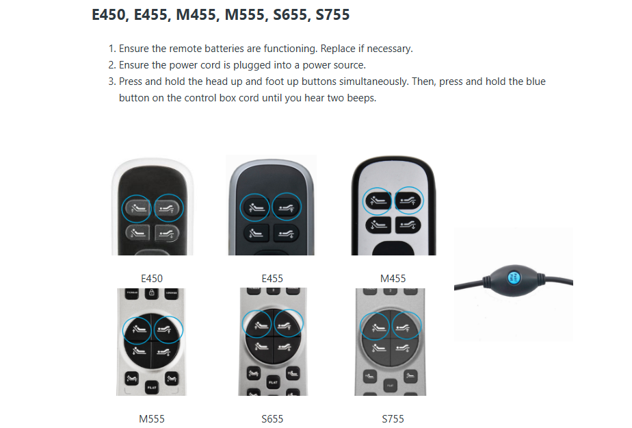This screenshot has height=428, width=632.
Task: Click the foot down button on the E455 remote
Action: (x=287, y=234)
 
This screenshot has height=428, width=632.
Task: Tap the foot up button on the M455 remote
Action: (x=409, y=199)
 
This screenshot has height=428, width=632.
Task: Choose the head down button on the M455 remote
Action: (x=379, y=225)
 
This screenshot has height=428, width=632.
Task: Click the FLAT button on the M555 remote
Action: (x=151, y=387)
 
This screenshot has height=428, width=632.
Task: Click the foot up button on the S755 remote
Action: (x=407, y=325)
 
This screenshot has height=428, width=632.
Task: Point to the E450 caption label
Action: (x=152, y=279)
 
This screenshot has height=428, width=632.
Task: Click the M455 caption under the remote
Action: (x=393, y=279)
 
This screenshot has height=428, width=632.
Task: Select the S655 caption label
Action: (x=272, y=418)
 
